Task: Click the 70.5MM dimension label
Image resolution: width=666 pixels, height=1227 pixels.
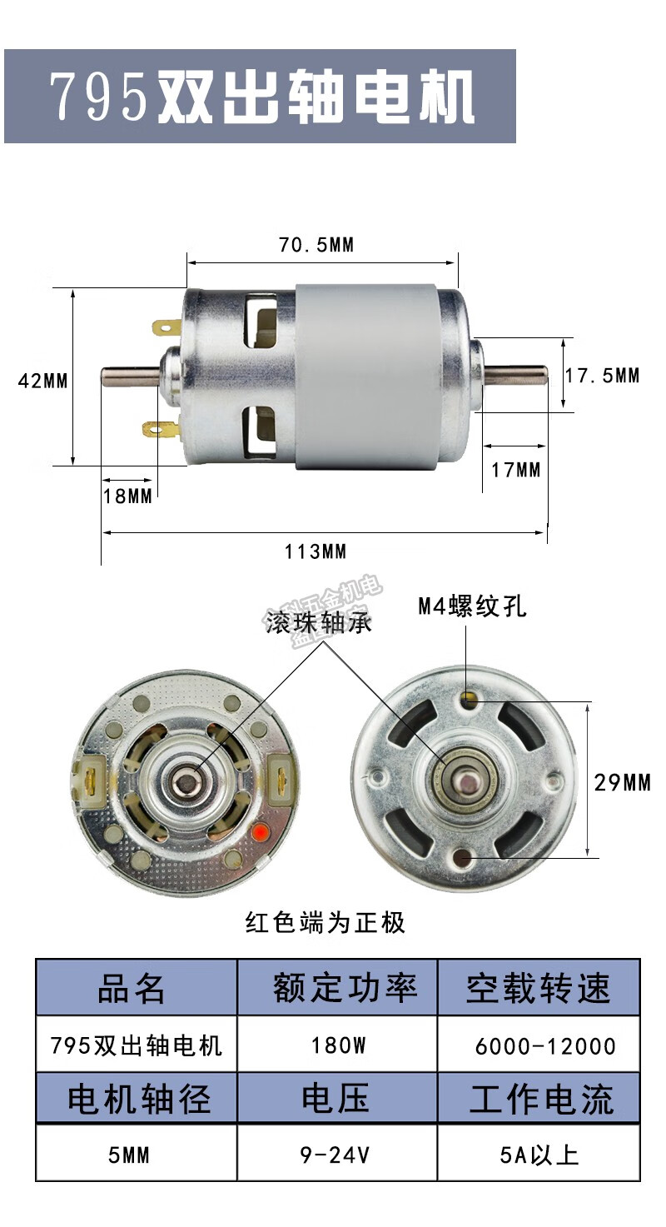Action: (x=316, y=245)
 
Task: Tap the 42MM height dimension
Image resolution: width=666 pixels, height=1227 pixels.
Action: (x=43, y=381)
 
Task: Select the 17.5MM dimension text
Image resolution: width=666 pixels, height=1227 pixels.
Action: (x=603, y=376)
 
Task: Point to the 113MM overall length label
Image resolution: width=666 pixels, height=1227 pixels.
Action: (x=316, y=551)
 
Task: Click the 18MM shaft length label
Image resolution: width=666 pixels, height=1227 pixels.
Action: (x=128, y=496)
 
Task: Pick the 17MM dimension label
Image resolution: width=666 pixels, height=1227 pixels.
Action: (x=516, y=470)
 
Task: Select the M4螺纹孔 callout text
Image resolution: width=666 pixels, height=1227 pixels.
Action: (x=473, y=606)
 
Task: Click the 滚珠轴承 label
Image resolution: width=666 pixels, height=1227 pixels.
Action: (x=319, y=623)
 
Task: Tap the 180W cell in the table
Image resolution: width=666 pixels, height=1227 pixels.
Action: (x=338, y=1045)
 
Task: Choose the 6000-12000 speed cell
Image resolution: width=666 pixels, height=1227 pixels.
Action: (x=545, y=1046)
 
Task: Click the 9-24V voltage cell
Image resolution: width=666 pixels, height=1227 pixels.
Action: (x=336, y=1155)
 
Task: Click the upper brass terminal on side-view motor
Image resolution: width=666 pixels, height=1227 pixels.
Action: (x=165, y=327)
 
